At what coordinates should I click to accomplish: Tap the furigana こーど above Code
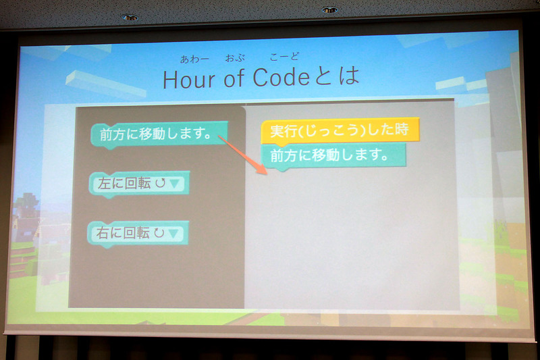coord(283,57)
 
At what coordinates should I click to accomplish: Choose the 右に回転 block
coord(139,234)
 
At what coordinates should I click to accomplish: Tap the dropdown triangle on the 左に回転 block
coord(175,183)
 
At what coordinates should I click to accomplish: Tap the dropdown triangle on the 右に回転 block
coord(175,234)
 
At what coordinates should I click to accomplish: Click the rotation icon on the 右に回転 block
coord(159,234)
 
